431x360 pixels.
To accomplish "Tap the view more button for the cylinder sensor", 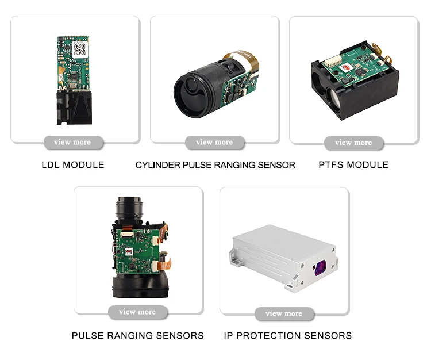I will click(214, 142).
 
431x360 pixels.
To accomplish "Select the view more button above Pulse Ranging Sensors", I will click(137, 312).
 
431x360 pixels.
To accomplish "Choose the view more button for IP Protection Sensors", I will click(284, 313).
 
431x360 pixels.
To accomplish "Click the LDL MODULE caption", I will click(73, 165).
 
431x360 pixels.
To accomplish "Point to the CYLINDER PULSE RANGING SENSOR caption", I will click(215, 165).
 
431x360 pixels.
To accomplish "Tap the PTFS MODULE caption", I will click(353, 165).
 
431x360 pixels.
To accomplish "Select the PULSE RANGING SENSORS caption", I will click(137, 335).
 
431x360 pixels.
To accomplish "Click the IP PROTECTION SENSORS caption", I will click(287, 335).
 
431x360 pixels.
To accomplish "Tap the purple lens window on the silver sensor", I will click(320, 266).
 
